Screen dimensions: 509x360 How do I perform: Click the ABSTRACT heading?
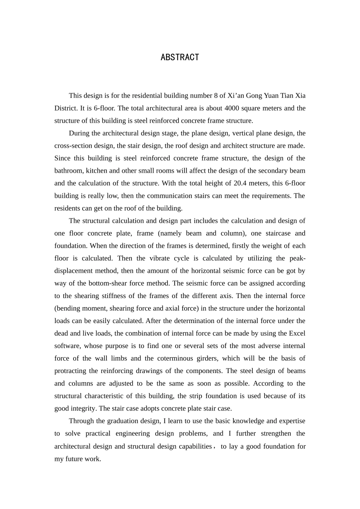tap(180, 57)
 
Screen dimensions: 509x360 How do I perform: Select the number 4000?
tap(232, 108)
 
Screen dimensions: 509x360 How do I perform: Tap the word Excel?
tap(297, 333)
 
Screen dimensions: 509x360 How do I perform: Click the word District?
tap(66, 108)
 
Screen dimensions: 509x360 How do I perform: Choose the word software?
tap(67, 346)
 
